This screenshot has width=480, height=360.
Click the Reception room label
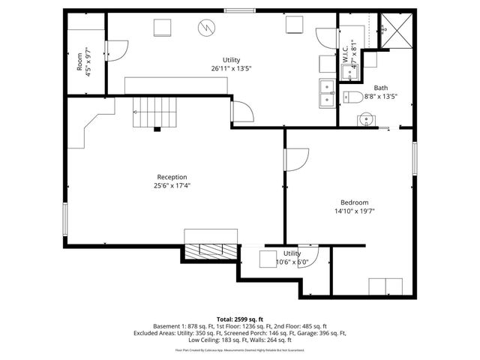coord(172,177)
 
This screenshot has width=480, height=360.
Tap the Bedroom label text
coord(354,202)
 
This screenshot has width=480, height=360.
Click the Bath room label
coord(381,88)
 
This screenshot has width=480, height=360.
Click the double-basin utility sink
coord(328,93)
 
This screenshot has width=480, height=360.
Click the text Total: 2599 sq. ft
coord(240,319)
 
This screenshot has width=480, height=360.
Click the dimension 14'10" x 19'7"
coord(354,211)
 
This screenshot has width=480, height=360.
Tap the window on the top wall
coord(238,10)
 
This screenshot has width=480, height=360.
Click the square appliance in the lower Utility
coord(268,259)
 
